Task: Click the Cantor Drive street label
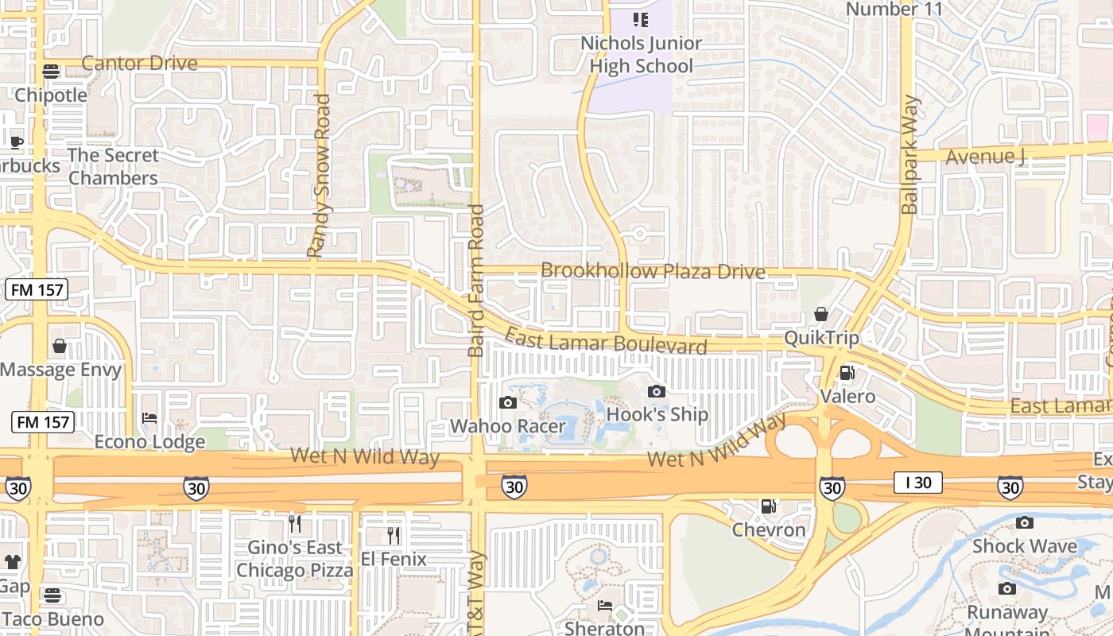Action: [139, 63]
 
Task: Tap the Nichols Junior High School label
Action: [642, 55]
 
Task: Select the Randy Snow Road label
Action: [320, 176]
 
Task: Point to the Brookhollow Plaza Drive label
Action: [653, 271]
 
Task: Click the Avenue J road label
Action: [984, 157]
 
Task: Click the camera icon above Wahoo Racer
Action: [507, 402]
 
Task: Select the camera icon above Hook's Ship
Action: [656, 390]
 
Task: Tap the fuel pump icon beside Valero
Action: [847, 373]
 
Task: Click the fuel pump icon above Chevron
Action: [768, 506]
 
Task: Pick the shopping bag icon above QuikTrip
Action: [821, 314]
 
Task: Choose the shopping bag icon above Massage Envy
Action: [60, 346]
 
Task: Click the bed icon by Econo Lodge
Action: [149, 418]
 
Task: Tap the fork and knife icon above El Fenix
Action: [393, 535]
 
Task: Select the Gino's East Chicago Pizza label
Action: [294, 559]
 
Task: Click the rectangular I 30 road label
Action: [917, 482]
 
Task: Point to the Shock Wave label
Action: [1024, 546]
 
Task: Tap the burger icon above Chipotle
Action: [51, 72]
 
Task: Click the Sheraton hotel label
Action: [605, 628]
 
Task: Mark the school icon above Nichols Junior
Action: [641, 19]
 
